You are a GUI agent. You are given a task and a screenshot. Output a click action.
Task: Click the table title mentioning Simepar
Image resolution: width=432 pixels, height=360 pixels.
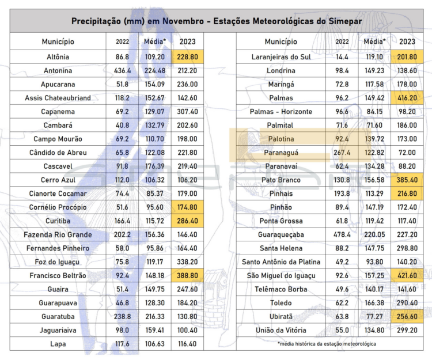(217, 21)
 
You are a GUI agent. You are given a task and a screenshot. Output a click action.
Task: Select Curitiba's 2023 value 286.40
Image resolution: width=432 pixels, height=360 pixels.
(187, 221)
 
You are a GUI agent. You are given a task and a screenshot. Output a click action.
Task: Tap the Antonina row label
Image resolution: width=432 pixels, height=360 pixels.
(58, 71)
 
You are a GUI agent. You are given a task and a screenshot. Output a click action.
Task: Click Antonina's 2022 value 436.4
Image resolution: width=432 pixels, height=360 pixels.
(122, 71)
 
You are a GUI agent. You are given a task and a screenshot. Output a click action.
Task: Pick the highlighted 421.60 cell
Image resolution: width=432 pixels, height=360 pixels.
(407, 275)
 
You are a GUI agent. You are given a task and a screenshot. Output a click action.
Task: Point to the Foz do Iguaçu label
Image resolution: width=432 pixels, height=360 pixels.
(57, 262)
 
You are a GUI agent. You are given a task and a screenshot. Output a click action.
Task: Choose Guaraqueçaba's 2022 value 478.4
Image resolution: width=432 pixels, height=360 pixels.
(342, 234)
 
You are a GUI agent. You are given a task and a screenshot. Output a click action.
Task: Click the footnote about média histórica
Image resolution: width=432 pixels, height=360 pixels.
(327, 344)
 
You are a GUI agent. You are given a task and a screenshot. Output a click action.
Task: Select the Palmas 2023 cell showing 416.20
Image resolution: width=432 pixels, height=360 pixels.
(407, 98)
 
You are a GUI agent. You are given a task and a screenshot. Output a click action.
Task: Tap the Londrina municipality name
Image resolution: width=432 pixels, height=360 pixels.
(281, 71)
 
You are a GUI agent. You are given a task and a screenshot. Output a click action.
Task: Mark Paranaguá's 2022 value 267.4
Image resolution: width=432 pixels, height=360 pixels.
(342, 153)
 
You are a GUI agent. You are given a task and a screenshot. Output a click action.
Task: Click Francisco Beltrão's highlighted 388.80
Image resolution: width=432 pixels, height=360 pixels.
(187, 275)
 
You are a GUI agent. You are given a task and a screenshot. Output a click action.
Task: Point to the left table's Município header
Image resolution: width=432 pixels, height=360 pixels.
(58, 41)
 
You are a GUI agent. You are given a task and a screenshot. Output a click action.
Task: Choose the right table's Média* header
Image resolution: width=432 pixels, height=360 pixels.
(374, 41)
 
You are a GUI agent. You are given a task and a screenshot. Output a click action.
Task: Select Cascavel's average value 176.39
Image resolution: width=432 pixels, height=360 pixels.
(155, 166)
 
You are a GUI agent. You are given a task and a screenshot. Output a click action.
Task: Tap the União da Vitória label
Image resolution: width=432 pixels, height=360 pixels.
(281, 330)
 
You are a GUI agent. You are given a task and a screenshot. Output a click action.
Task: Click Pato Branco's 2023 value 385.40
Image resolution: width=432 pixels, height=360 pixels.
(407, 180)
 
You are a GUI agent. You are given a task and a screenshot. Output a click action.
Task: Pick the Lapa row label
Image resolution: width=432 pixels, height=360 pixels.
(58, 344)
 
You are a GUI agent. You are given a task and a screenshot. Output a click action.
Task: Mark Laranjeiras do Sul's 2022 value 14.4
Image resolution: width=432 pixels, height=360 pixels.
(342, 57)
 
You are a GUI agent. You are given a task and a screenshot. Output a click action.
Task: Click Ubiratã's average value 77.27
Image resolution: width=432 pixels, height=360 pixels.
(374, 316)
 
